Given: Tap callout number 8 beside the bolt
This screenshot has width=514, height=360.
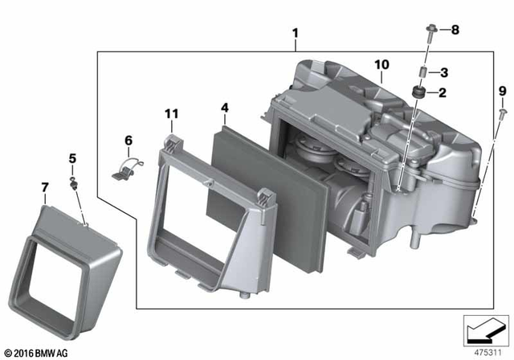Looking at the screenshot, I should (x=443, y=73).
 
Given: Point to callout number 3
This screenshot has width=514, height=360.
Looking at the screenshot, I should (x=225, y=106).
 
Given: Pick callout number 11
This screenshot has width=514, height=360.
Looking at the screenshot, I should (x=170, y=116).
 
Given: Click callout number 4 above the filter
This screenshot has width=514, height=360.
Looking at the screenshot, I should (x=225, y=106).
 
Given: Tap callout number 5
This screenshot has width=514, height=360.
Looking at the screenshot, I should (x=71, y=158).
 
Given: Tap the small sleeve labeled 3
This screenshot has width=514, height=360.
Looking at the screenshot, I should (x=420, y=73).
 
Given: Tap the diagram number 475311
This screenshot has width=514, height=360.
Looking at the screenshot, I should (x=483, y=351).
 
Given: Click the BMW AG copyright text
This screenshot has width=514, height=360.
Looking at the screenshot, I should (x=36, y=352).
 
